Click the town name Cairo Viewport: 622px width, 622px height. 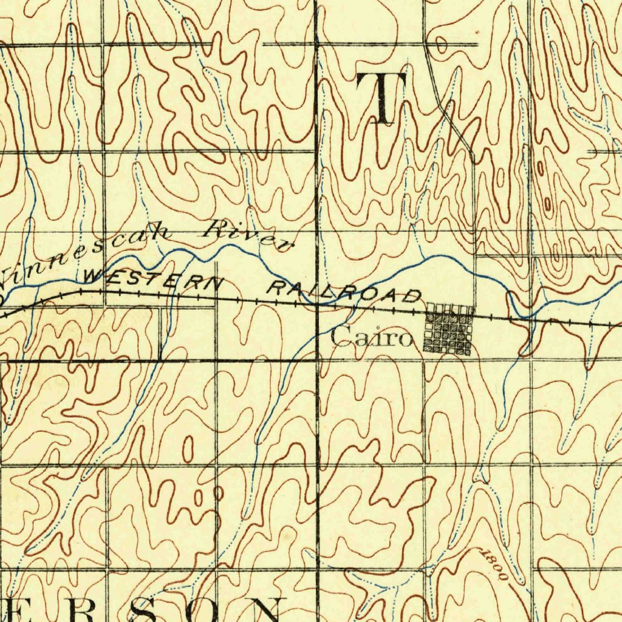pos(372,337)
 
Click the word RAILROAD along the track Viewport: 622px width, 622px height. pos(344,292)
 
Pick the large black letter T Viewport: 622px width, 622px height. pos(381,97)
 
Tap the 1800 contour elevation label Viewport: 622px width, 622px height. pos(493,564)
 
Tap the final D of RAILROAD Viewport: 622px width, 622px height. pos(413,296)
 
